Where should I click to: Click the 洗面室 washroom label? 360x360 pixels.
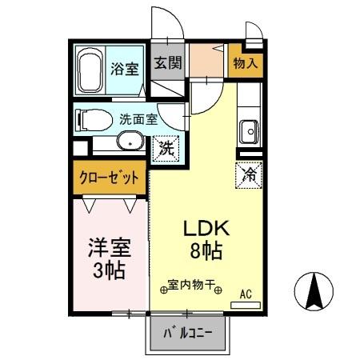click(x=138, y=120)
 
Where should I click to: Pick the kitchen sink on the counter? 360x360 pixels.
click(x=248, y=130)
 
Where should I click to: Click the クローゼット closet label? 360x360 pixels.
click(x=109, y=177)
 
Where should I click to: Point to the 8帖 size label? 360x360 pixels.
click(x=208, y=250)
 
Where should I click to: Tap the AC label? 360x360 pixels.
click(x=246, y=294)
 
